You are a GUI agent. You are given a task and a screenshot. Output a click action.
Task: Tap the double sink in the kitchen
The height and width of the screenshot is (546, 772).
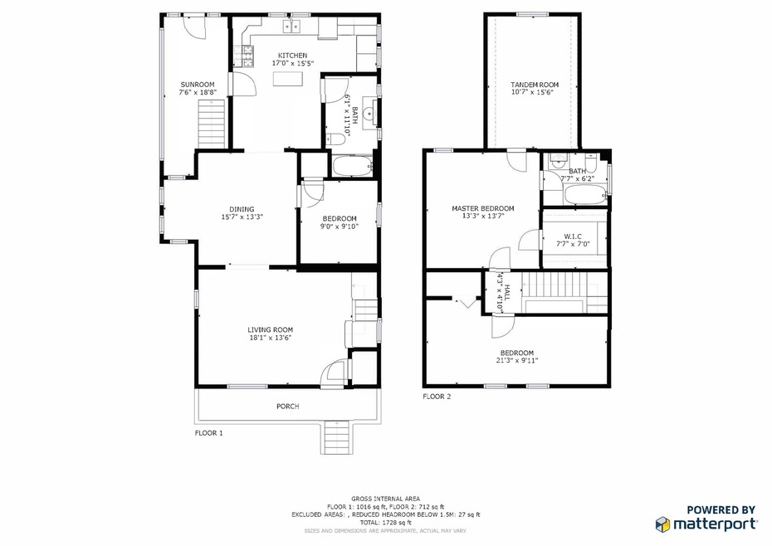pos(292,27)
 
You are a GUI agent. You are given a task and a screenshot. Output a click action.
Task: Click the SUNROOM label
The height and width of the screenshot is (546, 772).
pos(198,85)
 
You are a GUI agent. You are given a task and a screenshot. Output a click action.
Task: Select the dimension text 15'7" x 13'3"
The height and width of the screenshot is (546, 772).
pos(242,217)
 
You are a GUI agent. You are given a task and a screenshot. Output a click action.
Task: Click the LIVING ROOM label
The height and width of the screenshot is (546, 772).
pos(271,329)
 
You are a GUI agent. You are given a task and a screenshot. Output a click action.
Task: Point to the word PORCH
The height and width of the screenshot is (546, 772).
pos(287,406)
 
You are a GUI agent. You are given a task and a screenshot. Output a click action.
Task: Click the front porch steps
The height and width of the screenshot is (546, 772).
pos(337,436)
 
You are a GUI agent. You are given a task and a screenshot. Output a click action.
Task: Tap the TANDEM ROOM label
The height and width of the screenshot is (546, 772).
pos(535,85)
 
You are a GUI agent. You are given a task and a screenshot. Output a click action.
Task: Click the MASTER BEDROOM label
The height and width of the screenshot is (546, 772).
pos(482,208)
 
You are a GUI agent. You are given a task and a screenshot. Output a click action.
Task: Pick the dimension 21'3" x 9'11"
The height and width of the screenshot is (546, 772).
pos(516,360)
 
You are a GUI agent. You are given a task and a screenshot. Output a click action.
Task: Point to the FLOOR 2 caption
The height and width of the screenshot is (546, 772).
pos(437,397)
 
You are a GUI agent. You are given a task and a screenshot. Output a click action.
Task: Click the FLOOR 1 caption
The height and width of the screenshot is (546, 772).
pos(209,432)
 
